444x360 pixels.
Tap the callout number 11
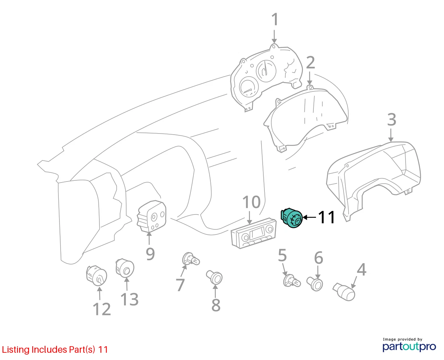coord(326,217)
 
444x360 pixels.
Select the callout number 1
coord(275,19)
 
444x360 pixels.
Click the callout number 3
coord(391,120)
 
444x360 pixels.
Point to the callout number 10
coord(251,202)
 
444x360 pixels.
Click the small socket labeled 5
coord(292,281)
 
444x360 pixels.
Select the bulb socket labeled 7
coord(191,259)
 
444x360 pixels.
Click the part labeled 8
coord(214,277)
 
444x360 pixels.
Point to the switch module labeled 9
coord(152,216)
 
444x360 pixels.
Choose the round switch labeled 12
coord(96,275)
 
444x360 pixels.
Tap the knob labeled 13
coord(125,268)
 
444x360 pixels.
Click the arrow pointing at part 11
coord(309,217)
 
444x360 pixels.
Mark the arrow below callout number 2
coord(310,78)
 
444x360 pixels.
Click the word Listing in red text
coord(16,350)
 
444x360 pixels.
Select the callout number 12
coord(102,309)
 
